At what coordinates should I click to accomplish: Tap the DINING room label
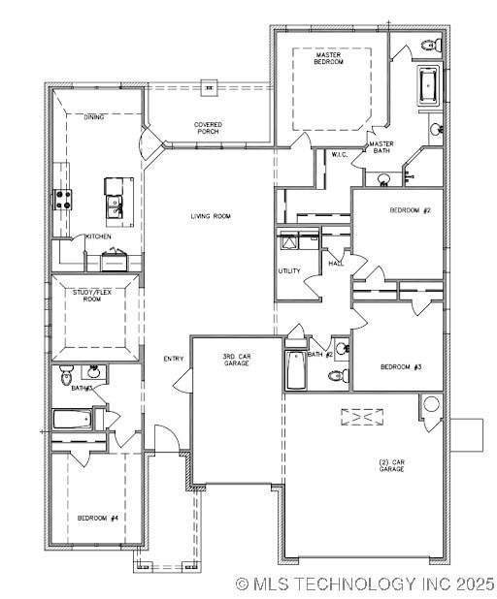(x=94, y=117)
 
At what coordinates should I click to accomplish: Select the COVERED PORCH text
(x=208, y=128)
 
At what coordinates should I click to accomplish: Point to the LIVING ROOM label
(x=211, y=216)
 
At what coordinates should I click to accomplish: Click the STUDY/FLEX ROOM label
(x=91, y=295)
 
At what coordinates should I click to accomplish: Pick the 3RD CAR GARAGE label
(x=237, y=360)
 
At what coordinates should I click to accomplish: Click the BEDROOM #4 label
(x=98, y=518)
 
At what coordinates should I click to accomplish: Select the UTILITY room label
(x=289, y=270)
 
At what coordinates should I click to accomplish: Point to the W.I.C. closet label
(x=340, y=154)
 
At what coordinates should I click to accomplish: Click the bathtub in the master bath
(x=428, y=86)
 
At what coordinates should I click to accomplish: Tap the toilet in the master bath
(x=431, y=45)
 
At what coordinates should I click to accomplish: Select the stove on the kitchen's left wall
(x=62, y=200)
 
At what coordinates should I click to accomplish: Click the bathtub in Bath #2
(x=296, y=370)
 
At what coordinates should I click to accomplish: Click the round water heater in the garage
(x=431, y=403)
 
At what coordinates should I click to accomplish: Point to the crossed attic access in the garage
(x=362, y=417)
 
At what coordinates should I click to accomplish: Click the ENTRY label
(x=174, y=359)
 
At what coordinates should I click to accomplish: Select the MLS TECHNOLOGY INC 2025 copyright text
(x=365, y=583)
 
